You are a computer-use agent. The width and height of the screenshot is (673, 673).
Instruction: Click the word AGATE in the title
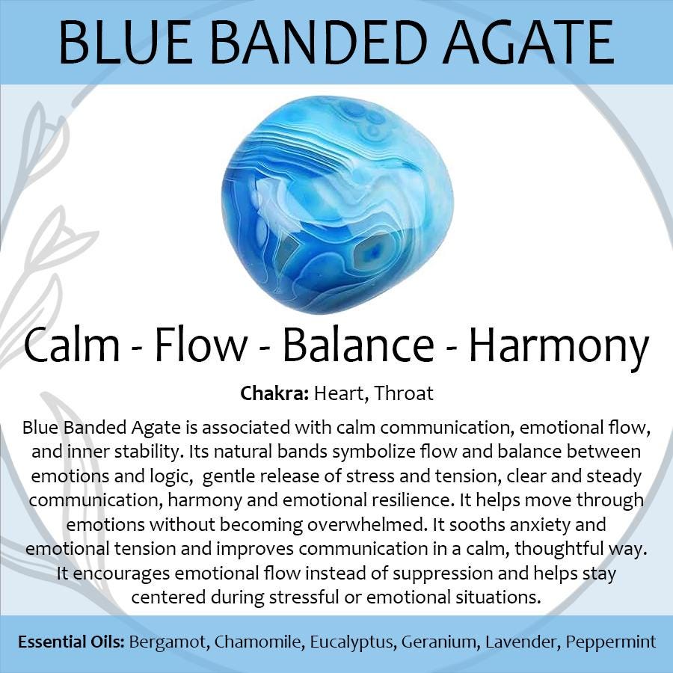[529, 43]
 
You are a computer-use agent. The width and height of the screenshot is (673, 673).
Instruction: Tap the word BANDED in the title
[318, 43]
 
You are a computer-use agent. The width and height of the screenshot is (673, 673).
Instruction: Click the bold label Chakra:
[274, 393]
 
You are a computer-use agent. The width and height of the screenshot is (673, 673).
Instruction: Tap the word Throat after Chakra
[404, 393]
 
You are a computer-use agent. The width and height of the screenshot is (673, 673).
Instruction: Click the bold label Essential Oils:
[71, 642]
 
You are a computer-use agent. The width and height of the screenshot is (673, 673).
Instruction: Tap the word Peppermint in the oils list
[611, 643]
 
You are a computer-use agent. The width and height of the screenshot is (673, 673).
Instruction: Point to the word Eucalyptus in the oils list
[351, 643]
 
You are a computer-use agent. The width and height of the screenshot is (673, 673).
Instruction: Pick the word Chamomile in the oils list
[259, 642]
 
